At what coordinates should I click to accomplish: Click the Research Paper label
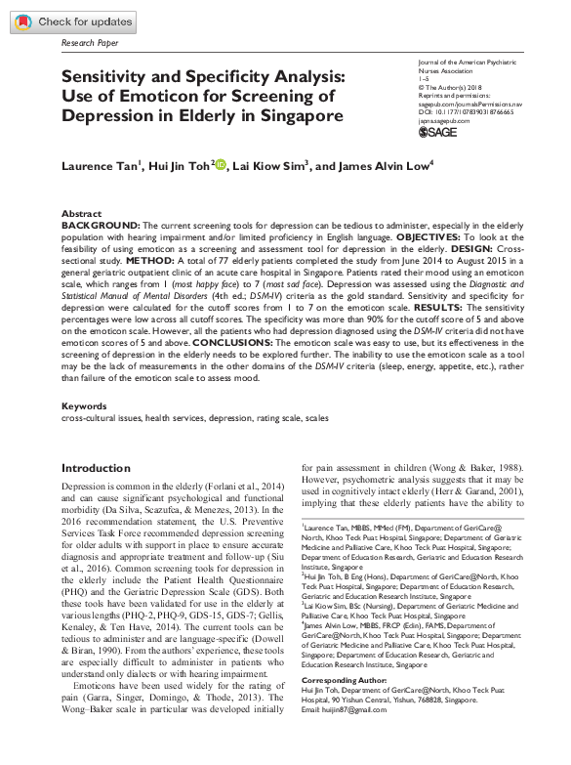coord(91,44)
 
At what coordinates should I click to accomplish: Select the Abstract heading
coord(81,213)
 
